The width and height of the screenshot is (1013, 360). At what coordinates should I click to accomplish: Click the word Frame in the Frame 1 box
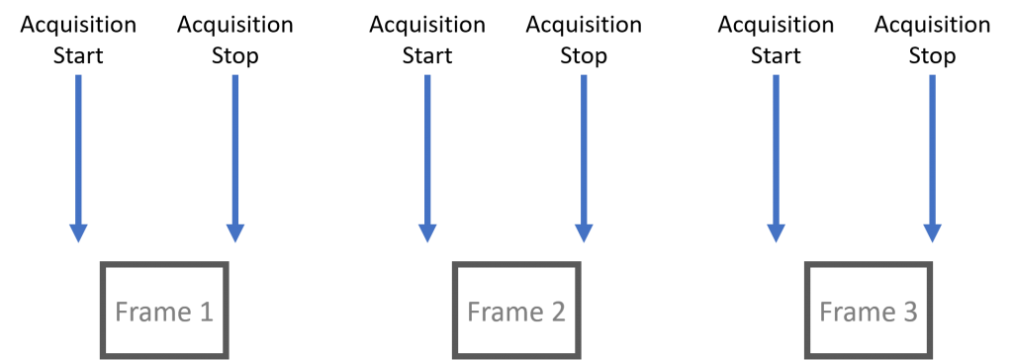[149, 313]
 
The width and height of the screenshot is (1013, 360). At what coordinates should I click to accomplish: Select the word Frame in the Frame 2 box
[502, 313]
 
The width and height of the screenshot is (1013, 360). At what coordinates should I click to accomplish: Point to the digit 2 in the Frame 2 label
[557, 313]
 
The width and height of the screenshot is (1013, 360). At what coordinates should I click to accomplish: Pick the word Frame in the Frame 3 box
[854, 313]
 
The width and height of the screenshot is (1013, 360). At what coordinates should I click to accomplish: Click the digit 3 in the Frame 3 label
[909, 313]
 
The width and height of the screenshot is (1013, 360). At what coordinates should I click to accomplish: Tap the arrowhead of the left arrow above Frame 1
[78, 232]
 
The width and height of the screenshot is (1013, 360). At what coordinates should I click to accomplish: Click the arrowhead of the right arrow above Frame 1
[234, 232]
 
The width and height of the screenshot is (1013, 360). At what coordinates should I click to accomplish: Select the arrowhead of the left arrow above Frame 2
[427, 232]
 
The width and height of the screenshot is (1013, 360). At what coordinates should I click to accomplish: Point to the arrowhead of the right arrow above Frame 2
[584, 232]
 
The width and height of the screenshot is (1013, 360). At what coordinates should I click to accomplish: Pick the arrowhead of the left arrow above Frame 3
[776, 232]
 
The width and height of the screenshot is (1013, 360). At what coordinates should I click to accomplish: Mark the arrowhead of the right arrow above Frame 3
[932, 232]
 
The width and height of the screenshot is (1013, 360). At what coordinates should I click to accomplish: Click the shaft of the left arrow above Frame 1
[78, 148]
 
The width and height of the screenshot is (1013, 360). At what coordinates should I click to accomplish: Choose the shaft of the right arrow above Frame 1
[234, 148]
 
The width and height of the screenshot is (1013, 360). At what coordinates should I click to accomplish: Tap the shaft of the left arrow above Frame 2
[427, 148]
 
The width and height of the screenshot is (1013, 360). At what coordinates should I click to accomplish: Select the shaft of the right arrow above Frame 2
[584, 148]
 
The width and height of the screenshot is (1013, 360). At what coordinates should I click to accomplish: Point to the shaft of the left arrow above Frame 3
[776, 148]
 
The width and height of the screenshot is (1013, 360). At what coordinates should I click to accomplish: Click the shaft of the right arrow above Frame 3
[932, 148]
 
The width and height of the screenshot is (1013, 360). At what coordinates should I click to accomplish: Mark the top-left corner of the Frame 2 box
[454, 265]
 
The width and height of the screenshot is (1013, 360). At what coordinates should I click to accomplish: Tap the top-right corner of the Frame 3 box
[931, 265]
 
